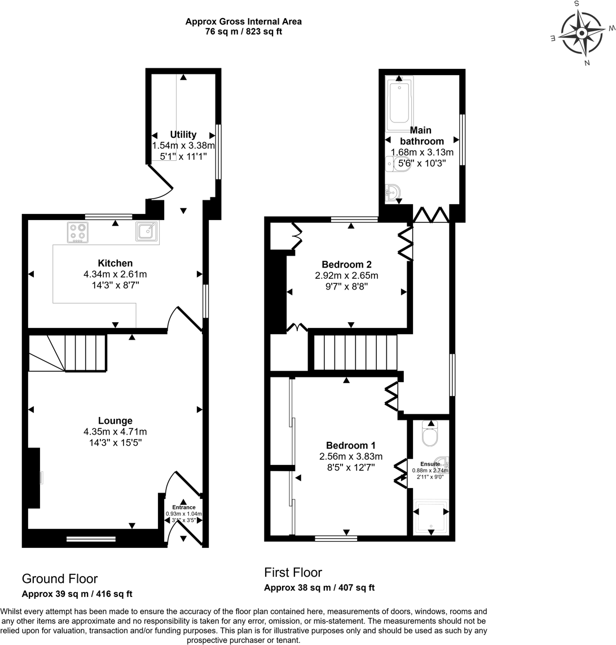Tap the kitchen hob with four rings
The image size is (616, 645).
click(78, 232)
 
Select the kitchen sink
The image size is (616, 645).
click(146, 231)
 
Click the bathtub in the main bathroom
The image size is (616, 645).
click(399, 102)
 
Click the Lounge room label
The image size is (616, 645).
click(115, 420)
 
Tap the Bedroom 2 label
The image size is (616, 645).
click(346, 264)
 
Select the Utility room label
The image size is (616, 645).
click(183, 134)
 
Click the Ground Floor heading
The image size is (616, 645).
click(60, 578)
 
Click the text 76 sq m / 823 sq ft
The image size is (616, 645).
click(244, 32)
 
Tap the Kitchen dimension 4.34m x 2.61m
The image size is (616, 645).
click(115, 274)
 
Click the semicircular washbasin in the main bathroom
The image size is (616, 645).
click(393, 194)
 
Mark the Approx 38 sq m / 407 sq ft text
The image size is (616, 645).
click(319, 587)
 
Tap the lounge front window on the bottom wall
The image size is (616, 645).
click(91, 539)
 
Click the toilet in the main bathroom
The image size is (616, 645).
click(397, 164)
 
